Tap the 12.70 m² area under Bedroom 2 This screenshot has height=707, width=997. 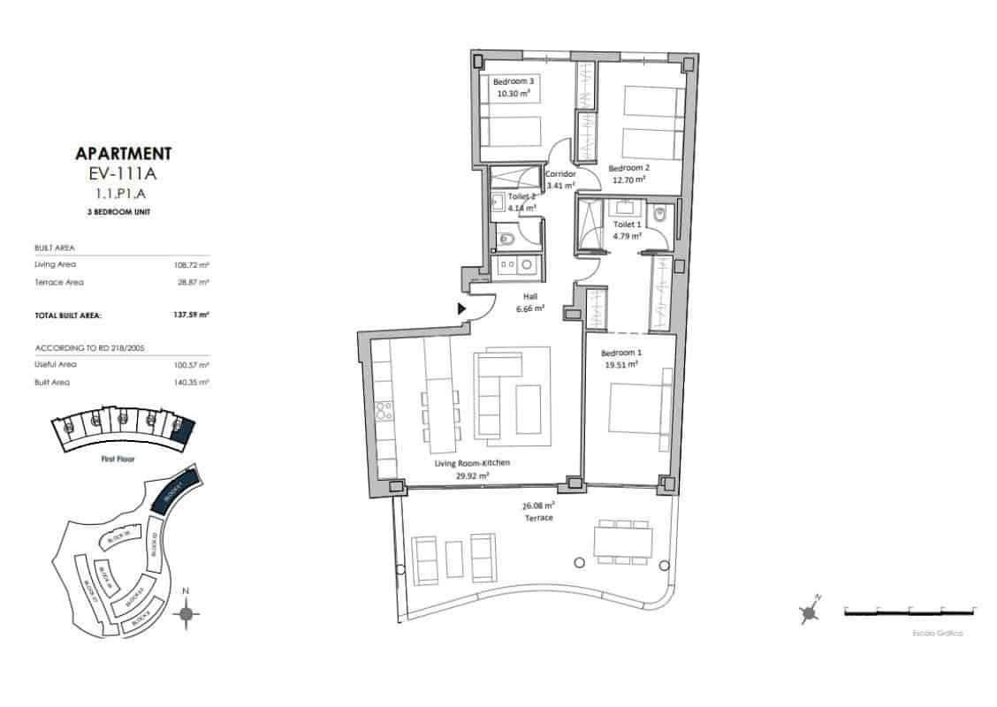[629, 179]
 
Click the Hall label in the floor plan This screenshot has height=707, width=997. [530, 297]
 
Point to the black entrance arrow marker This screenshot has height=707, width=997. [461, 308]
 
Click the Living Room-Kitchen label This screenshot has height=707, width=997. [472, 463]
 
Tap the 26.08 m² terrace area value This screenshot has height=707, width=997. [538, 506]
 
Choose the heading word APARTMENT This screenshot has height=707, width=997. [124, 154]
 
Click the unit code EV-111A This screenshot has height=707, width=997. [124, 173]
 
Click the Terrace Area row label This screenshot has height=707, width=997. [59, 282]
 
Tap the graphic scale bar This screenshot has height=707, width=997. [909, 611]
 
